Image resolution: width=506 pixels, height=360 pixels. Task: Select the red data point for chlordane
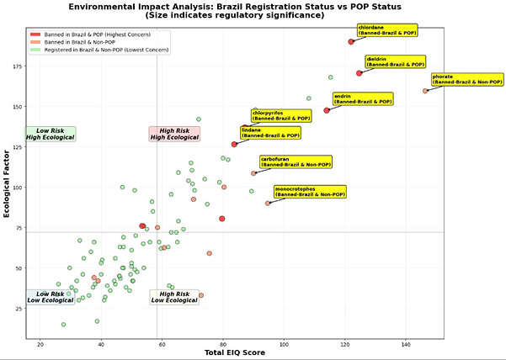pos(351,41)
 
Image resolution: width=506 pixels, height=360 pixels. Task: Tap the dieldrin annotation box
pos(397,61)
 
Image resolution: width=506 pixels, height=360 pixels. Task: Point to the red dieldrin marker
pos(360,73)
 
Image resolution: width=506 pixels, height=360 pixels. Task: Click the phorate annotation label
pos(455,79)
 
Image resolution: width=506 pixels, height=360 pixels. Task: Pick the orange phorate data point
pos(425,91)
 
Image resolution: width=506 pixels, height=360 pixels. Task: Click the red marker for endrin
pos(327,110)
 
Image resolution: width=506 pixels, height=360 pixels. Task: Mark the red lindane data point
pos(235,144)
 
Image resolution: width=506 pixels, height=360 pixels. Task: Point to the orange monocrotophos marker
pos(268,203)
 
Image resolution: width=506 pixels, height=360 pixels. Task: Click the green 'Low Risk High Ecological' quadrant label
pos(51,133)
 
